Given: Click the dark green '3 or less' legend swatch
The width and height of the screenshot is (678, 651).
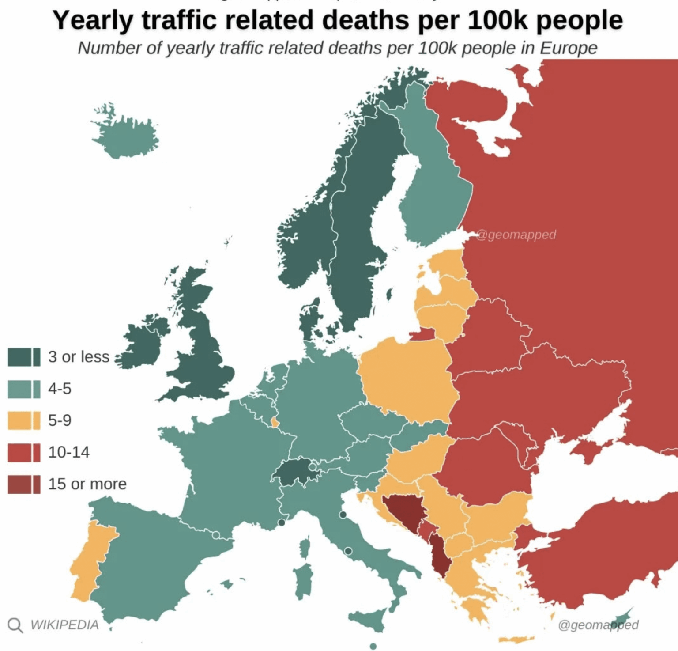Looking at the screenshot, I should pos(24,357).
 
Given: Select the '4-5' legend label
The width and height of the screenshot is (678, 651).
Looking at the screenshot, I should pos(60,389).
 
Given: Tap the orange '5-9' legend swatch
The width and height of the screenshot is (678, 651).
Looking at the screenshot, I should pos(24,420).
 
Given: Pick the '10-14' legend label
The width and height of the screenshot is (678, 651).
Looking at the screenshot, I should pos(69,452).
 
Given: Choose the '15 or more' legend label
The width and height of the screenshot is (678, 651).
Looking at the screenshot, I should pos(87,484).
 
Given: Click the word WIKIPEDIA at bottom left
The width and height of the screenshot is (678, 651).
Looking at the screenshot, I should pos(64,625).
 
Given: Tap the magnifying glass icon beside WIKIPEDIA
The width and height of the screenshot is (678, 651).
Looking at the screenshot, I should pos(15,625).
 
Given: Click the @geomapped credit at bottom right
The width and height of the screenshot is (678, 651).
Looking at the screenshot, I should pos(598,625).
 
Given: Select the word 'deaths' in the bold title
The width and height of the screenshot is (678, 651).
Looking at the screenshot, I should pos(369,20).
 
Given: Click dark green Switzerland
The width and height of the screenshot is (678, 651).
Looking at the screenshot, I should pos(295,472).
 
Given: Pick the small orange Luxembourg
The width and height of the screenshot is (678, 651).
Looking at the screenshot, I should pos(275,423).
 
